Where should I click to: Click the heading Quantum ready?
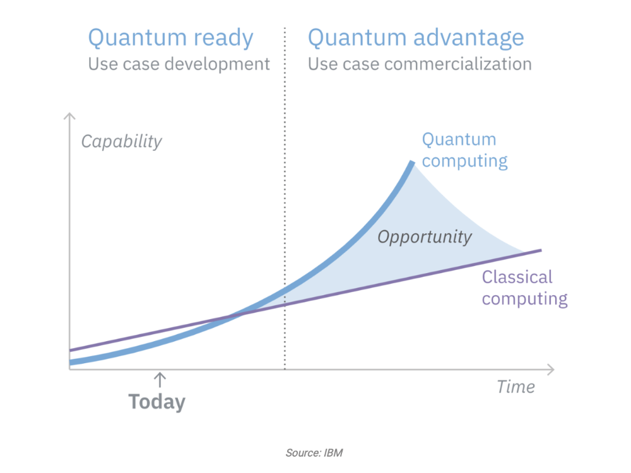(x=170, y=38)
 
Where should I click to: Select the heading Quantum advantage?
(x=416, y=38)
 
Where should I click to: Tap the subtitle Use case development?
(x=179, y=64)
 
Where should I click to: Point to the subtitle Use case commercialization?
(x=420, y=64)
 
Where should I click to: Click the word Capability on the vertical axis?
(x=121, y=141)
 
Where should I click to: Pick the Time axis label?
(x=516, y=387)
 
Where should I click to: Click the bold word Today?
(x=157, y=402)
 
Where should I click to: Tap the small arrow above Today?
(x=160, y=379)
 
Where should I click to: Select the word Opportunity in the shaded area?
(x=425, y=237)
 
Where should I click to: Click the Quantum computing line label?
(x=464, y=151)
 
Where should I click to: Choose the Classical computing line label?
(x=525, y=288)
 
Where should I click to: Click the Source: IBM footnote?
(x=314, y=453)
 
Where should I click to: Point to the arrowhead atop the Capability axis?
(x=69, y=116)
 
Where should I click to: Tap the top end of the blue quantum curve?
(x=412, y=162)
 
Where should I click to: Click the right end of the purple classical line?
(x=541, y=250)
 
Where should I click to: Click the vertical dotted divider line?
(x=285, y=198)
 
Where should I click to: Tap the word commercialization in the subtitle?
(x=458, y=64)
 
